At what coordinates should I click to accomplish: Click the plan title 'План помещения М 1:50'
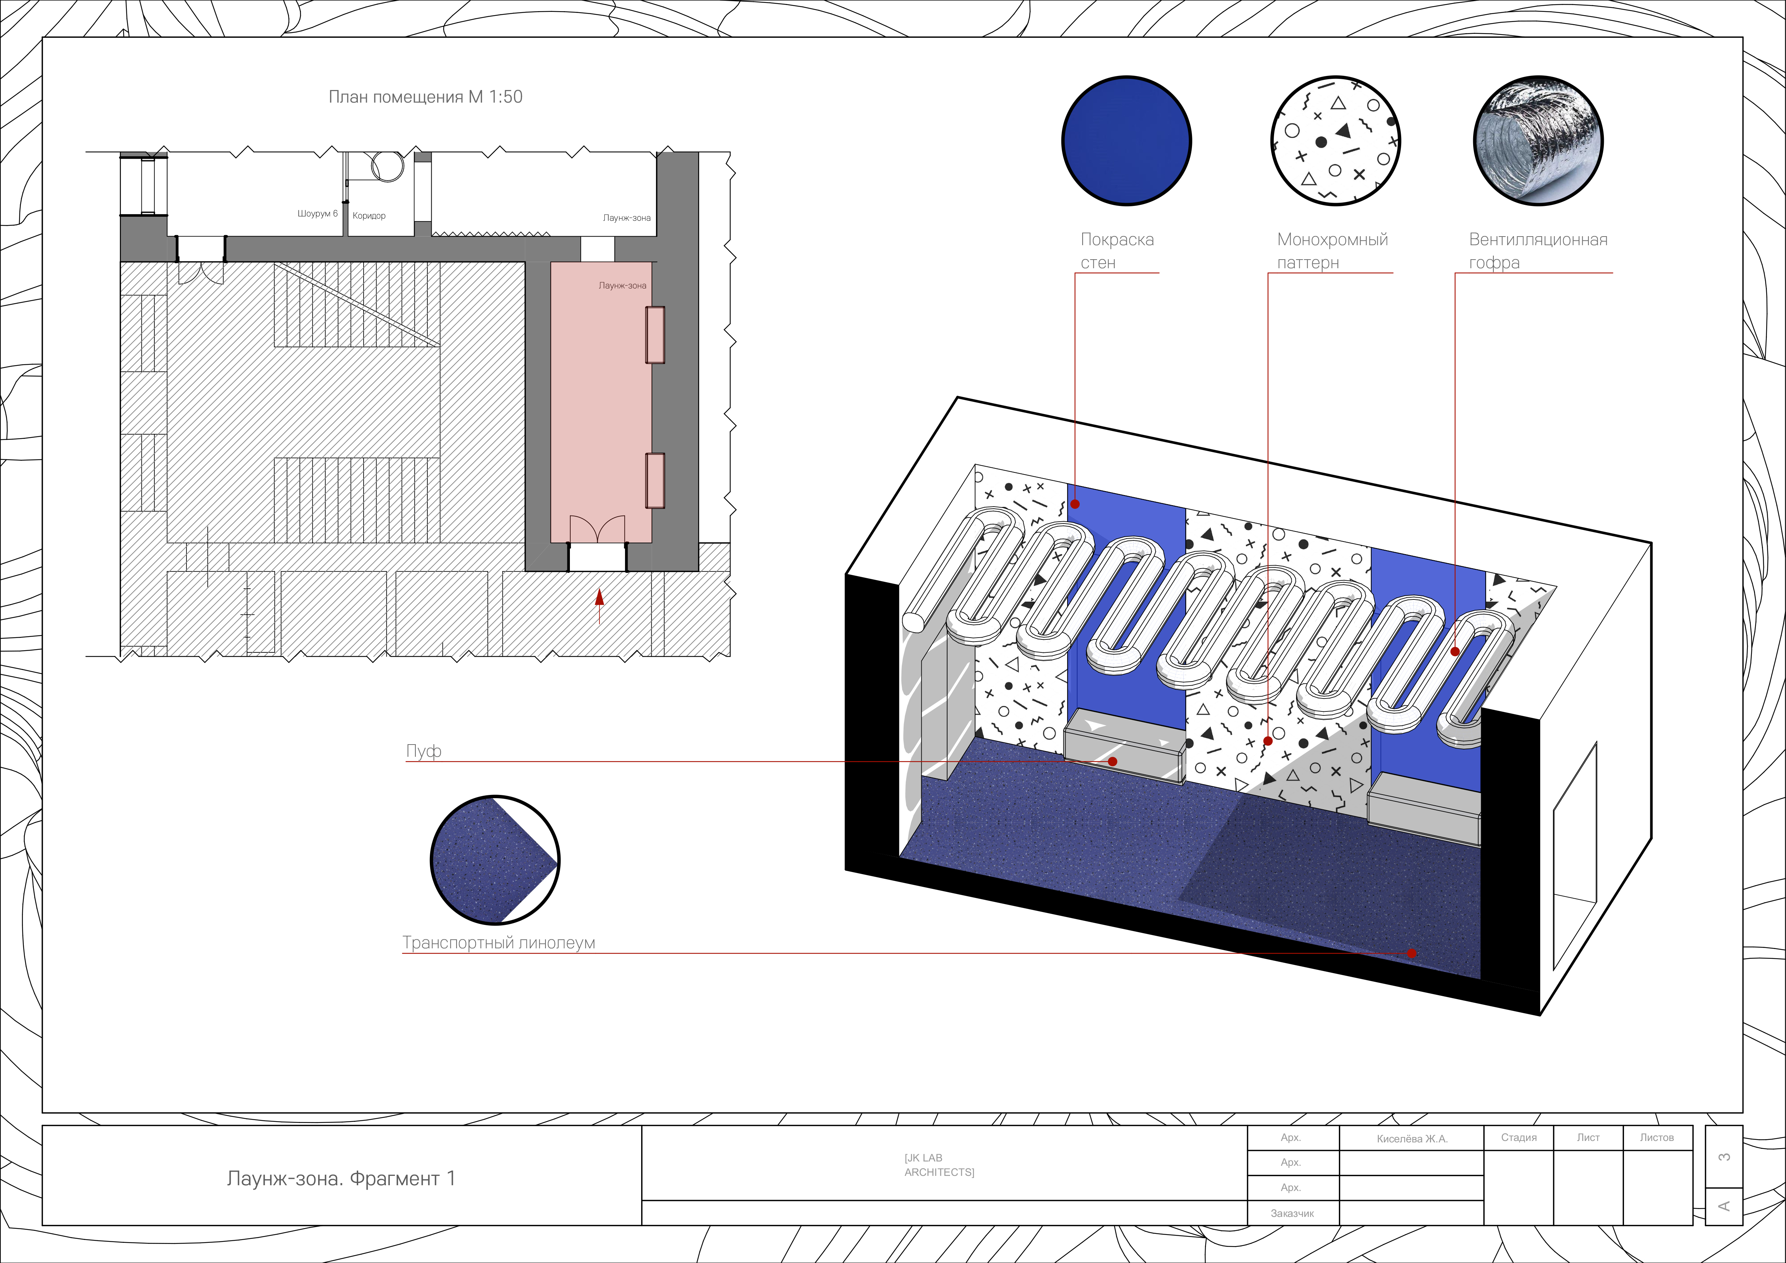coord(426,97)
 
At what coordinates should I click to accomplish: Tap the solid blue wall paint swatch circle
coord(1126,141)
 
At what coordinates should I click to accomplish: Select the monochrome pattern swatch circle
coord(1336,141)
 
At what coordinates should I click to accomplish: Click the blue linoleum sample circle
coord(495,860)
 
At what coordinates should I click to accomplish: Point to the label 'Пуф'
coord(424,751)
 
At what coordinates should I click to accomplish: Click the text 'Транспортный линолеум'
coord(499,943)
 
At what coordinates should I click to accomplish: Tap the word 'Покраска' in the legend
coord(1117,239)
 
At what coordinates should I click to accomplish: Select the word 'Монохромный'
coord(1332,239)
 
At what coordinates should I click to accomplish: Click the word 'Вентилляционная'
coord(1538,239)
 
